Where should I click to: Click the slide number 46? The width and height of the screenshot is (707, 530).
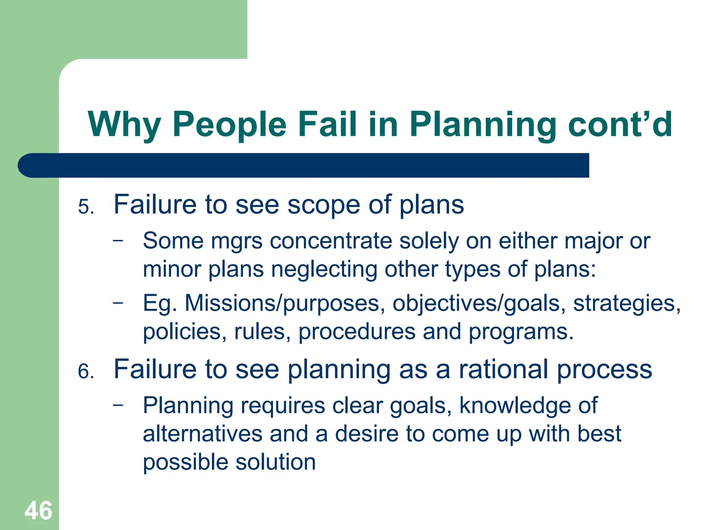point(38,511)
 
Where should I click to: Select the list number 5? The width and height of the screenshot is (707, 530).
point(86,207)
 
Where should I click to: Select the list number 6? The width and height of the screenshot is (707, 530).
point(86,372)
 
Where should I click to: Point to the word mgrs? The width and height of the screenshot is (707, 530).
point(237,241)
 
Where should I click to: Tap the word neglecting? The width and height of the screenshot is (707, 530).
point(324,269)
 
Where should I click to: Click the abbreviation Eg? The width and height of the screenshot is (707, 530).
point(160,304)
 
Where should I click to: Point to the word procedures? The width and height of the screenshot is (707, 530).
point(357,332)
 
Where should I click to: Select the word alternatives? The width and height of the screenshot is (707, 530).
point(202,434)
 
